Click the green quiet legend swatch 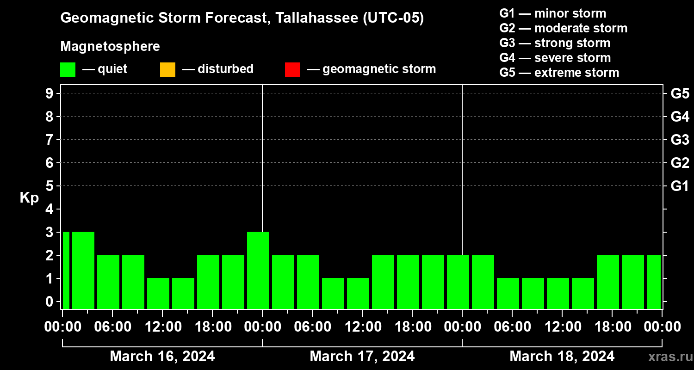click(68, 69)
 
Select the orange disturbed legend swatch click(167, 69)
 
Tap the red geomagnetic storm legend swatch click(292, 69)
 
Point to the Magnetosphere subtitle click(110, 47)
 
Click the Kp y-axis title click(29, 198)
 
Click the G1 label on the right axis click(680, 186)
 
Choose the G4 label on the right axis click(680, 117)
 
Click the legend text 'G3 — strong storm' click(555, 43)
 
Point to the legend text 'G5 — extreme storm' click(559, 73)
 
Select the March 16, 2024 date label click(162, 357)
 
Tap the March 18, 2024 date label click(562, 357)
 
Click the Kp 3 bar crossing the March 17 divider click(258, 270)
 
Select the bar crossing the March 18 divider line click(458, 282)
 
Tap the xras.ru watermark click(669, 357)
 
